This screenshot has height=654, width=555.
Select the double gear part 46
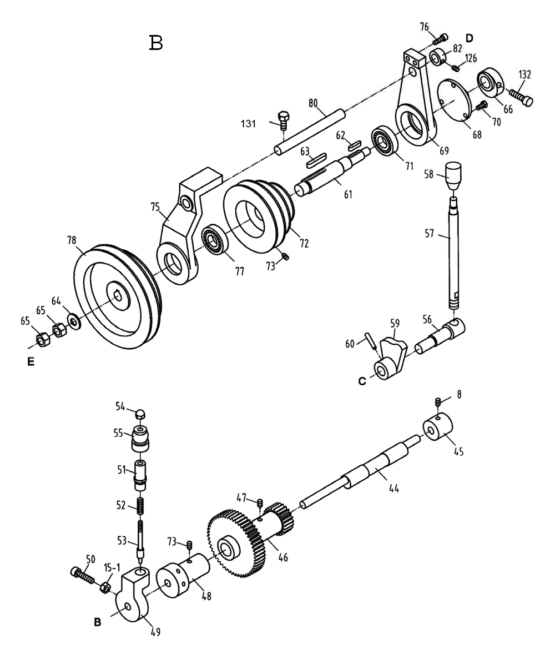[250, 539]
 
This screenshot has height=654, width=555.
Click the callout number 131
[248, 123]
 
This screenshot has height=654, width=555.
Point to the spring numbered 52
[141, 506]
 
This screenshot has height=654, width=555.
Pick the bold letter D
[469, 38]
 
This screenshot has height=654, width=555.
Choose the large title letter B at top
[156, 43]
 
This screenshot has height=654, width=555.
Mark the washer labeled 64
[73, 320]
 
